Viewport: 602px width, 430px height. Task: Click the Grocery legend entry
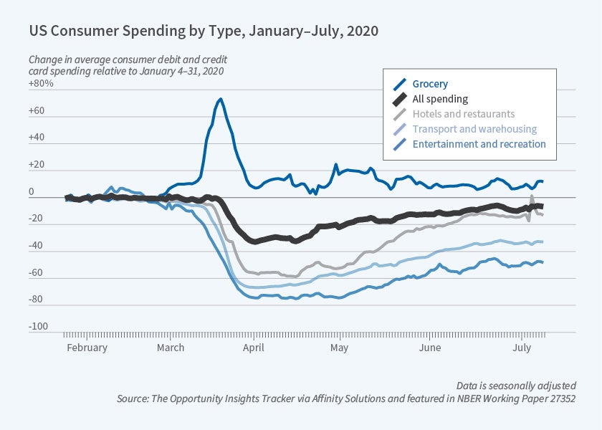[x=430, y=84]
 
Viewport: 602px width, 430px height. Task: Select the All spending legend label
[x=440, y=99]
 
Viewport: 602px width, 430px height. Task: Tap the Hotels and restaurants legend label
[x=463, y=114]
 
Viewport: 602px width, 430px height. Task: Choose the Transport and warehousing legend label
[x=474, y=129]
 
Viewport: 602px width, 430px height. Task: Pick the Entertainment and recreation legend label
[x=479, y=144]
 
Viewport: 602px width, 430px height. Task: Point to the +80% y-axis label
[x=41, y=85]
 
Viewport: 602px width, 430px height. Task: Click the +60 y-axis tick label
[x=37, y=112]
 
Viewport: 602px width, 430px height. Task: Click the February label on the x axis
[x=87, y=348]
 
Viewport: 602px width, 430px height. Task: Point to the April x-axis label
[x=253, y=348]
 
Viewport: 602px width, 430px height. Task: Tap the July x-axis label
[x=522, y=348]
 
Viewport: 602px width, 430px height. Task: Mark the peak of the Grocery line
[x=220, y=99]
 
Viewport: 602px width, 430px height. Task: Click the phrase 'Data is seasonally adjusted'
[x=515, y=385]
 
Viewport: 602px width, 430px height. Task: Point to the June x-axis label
[x=430, y=348]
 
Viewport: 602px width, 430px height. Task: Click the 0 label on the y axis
[x=32, y=193]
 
